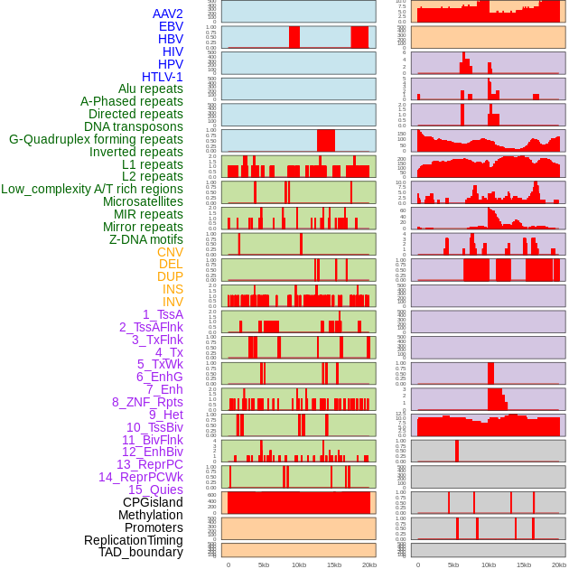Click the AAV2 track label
[x=167, y=14]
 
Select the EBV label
[x=171, y=27]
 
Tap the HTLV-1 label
[x=162, y=77]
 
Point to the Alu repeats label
[x=144, y=89]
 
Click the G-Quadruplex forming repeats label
[x=96, y=139]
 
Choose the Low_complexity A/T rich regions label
[x=92, y=189]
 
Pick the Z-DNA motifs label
[x=146, y=239]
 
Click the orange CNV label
[x=170, y=252]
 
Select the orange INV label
[x=173, y=302]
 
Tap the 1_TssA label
[x=163, y=314]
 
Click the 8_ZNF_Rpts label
[x=147, y=402]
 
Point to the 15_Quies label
[x=155, y=490]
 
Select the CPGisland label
[x=153, y=502]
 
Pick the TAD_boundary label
[x=140, y=552]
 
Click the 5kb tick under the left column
[x=264, y=564]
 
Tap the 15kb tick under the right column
[x=524, y=564]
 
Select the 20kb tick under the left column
[x=369, y=564]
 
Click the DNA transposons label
[x=134, y=126]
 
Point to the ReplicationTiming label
[x=134, y=540]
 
